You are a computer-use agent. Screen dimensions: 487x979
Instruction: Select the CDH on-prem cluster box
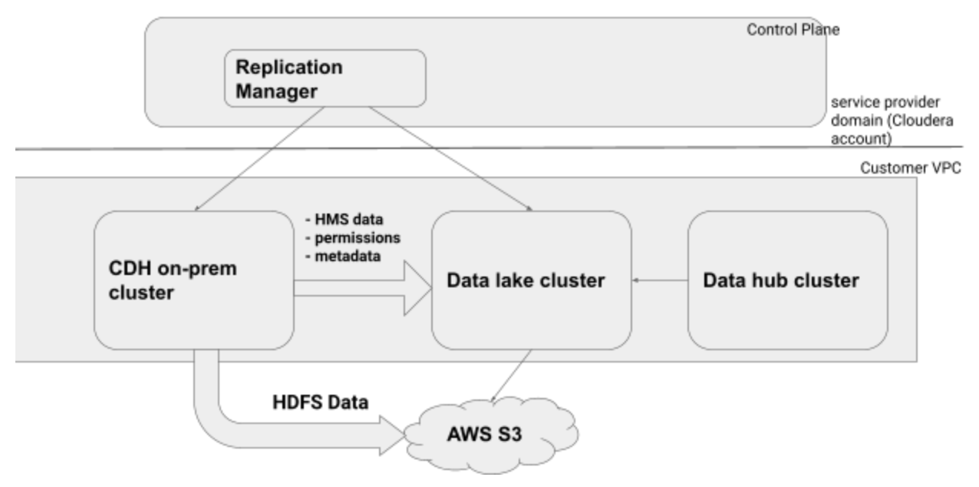pyautogui.click(x=194, y=281)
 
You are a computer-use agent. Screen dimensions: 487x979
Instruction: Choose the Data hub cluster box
pyautogui.click(x=787, y=281)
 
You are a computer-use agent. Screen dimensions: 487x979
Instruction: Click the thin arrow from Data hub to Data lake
pyautogui.click(x=659, y=281)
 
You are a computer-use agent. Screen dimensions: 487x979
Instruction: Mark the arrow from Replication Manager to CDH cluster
pyautogui.click(x=253, y=158)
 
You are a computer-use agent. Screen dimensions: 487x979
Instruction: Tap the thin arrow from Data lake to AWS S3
pyautogui.click(x=510, y=376)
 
